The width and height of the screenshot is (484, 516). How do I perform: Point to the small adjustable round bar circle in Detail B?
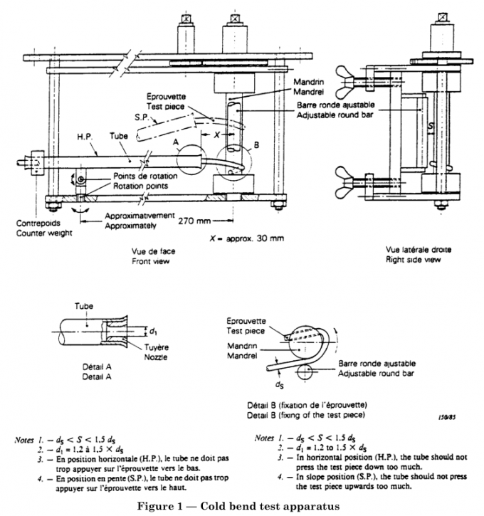[x=302, y=371]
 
